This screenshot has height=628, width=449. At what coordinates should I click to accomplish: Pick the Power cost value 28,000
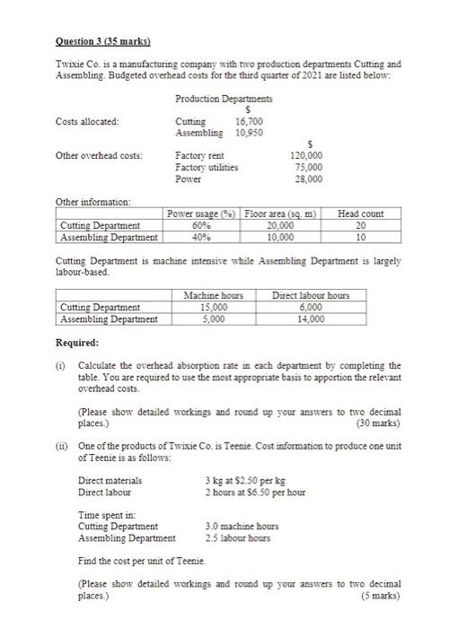pyautogui.click(x=310, y=179)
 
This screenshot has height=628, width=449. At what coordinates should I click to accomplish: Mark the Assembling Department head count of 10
pyautogui.click(x=361, y=237)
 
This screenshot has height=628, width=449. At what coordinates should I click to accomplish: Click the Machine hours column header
pyautogui.click(x=213, y=295)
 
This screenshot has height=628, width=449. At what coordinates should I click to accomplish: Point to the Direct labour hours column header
pyautogui.click(x=311, y=295)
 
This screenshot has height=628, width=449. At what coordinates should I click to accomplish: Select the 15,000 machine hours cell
pyautogui.click(x=213, y=307)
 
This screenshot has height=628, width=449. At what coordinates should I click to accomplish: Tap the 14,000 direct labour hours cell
pyautogui.click(x=311, y=318)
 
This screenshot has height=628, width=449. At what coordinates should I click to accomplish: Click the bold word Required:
pyautogui.click(x=78, y=343)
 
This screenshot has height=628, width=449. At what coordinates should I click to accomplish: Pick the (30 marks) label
pyautogui.click(x=379, y=421)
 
